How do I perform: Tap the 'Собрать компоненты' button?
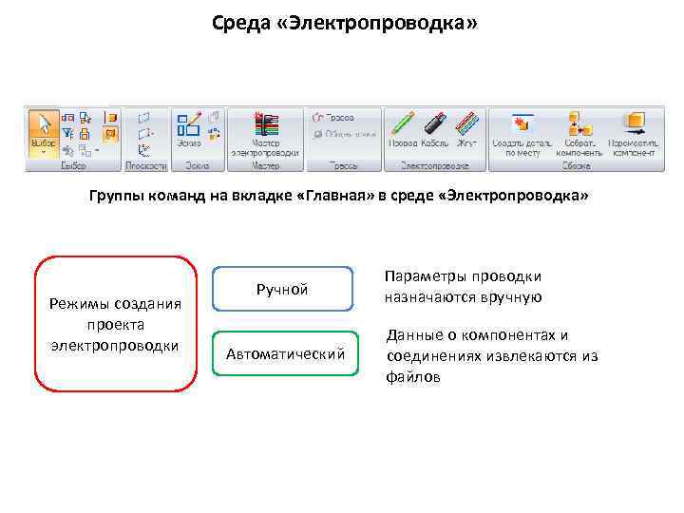coord(579,132)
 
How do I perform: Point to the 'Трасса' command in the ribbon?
coord(333,117)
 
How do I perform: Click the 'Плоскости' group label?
coord(146,165)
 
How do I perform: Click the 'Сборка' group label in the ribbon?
coord(576,165)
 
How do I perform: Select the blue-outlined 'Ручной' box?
coord(282,289)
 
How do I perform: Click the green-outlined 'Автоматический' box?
coord(284,354)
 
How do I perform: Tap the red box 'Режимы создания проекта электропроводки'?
coord(115,323)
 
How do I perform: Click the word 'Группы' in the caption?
coord(116,196)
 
